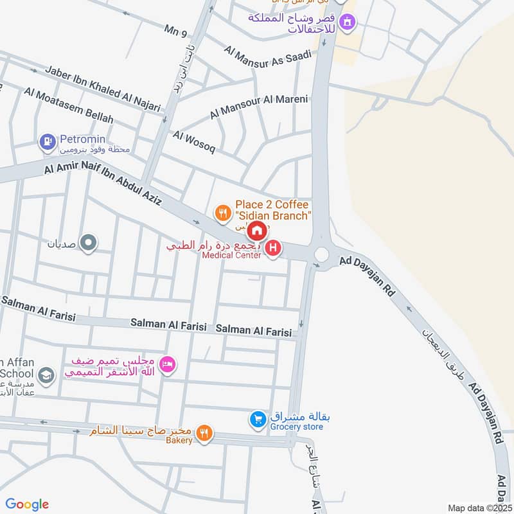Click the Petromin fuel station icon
tap(47, 141)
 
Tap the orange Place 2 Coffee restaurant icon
tap(223, 213)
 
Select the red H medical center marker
tap(273, 247)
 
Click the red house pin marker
tap(256, 230)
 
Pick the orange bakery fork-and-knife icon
tap(204, 433)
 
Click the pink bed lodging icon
tap(167, 364)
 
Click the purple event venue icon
tap(348, 22)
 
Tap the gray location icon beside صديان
tap(89, 244)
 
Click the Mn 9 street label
tap(175, 31)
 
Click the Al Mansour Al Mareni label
tap(259, 107)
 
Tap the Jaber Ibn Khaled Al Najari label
tap(102, 89)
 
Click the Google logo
tap(27, 504)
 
